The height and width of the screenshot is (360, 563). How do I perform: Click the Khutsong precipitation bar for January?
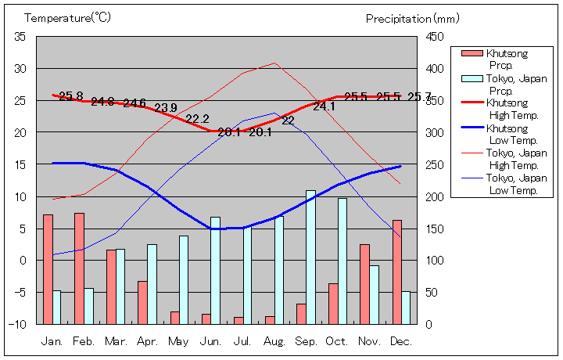[48, 268]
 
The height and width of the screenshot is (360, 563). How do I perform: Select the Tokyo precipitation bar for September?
[310, 257]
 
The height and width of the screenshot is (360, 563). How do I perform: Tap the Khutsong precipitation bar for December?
[397, 272]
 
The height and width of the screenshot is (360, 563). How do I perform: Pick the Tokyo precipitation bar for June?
[215, 270]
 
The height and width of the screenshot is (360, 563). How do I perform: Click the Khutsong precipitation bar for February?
[79, 268]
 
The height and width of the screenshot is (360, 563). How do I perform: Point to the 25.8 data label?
[70, 96]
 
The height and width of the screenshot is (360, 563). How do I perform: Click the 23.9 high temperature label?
[165, 108]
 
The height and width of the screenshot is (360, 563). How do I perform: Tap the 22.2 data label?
[197, 119]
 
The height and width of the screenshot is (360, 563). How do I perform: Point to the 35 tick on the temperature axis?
[20, 37]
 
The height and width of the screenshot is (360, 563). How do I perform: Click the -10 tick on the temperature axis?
[20, 324]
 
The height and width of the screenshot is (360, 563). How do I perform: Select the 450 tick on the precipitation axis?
[436, 37]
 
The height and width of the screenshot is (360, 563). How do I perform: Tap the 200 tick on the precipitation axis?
[436, 196]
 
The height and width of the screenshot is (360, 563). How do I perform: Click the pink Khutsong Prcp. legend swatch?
[472, 53]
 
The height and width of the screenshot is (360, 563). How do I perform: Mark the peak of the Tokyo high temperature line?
[274, 63]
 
